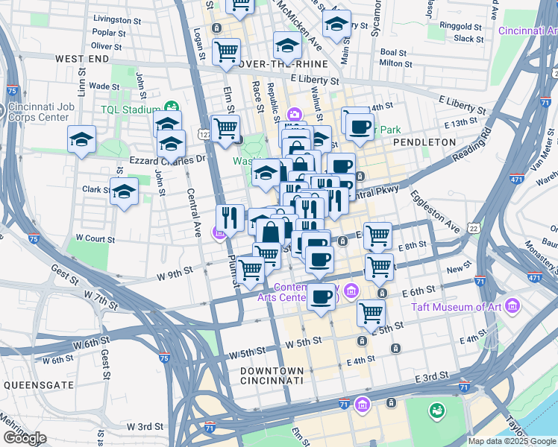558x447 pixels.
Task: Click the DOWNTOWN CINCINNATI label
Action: click(x=272, y=375)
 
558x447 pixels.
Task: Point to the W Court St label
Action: click(x=93, y=239)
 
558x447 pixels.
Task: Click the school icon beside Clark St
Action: click(x=125, y=191)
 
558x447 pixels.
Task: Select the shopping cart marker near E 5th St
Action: click(x=371, y=312)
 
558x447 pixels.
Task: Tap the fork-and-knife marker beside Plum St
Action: click(x=230, y=218)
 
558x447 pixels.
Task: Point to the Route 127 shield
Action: click(x=204, y=134)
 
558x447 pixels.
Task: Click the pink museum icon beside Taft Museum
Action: click(x=512, y=306)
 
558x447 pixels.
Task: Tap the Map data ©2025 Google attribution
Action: click(x=512, y=441)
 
